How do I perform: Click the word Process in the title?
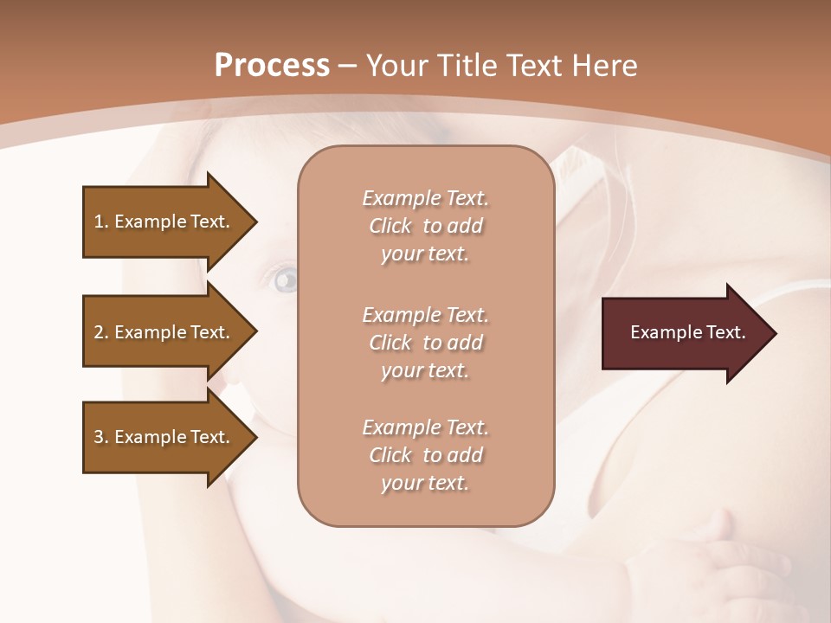pyautogui.click(x=272, y=66)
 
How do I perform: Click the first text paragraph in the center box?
pyautogui.click(x=425, y=226)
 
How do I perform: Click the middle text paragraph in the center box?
pyautogui.click(x=425, y=343)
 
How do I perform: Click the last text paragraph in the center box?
pyautogui.click(x=425, y=455)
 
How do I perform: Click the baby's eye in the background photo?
pyautogui.click(x=285, y=279)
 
